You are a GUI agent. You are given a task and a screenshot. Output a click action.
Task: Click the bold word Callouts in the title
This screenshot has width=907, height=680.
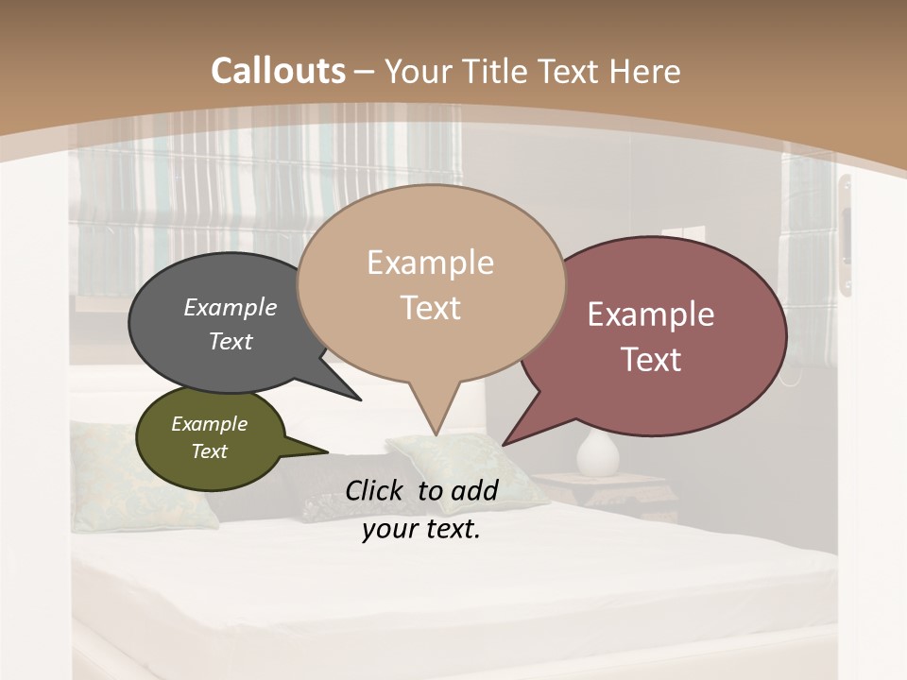[x=278, y=71]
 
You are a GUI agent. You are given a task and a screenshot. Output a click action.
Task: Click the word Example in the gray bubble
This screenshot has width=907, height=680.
[x=231, y=308]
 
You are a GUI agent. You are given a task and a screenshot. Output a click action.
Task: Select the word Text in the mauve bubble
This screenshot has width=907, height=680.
[x=651, y=360]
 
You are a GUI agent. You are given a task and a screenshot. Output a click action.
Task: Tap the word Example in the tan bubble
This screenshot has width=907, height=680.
[x=431, y=263]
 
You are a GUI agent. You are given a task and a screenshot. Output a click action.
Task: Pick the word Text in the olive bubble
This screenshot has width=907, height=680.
[x=210, y=451]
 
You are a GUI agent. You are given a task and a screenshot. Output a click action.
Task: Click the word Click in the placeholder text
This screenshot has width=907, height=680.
[x=376, y=490]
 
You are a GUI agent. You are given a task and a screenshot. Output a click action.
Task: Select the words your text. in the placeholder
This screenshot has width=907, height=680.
[x=421, y=530]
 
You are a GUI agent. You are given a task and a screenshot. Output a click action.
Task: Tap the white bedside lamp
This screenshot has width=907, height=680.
[x=598, y=452]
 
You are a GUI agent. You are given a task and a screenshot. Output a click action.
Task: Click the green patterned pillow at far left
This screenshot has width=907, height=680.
[x=142, y=472]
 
